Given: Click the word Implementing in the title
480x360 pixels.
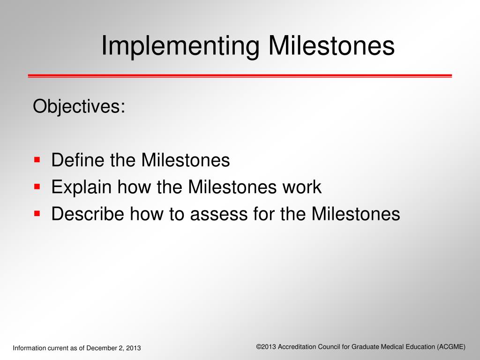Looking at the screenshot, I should click(180, 46).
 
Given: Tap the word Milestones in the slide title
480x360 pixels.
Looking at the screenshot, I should click(331, 46).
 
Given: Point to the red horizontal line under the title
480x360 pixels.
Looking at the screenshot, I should click(240, 75).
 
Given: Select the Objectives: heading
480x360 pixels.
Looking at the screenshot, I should click(79, 106).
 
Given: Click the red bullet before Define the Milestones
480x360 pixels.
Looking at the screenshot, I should click(37, 160).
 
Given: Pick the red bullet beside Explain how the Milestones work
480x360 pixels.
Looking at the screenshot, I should click(37, 187).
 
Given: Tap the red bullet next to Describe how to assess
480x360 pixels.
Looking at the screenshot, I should click(37, 213).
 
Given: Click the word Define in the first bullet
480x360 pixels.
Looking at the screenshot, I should click(78, 160).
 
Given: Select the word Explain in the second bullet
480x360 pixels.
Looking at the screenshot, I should click(81, 187).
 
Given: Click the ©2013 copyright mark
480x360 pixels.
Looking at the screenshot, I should click(266, 346).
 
